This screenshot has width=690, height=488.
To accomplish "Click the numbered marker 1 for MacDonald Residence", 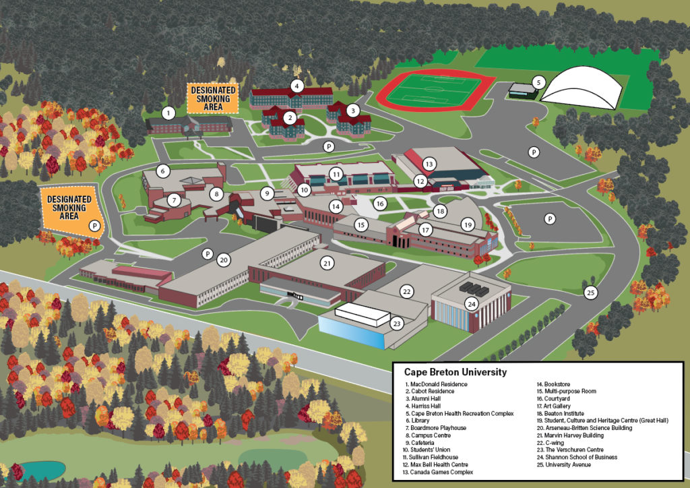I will pos(168,113).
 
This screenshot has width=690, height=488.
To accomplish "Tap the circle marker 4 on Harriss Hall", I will pos(296,86).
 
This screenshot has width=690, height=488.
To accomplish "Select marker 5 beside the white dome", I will pos(537,83).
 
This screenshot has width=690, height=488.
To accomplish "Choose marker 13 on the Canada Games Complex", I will pos(429,164).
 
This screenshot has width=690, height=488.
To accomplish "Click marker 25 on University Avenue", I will pos(590,293).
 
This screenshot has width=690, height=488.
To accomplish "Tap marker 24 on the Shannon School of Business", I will pos(472,304).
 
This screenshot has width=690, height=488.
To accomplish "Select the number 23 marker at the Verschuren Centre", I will pos(397,324).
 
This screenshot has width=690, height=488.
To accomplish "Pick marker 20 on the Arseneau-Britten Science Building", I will pos(224,260).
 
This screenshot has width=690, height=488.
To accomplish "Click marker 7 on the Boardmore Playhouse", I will pos(174,200).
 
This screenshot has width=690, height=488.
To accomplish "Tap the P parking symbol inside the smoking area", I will pos(95,226).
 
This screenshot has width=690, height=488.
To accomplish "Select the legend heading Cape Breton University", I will pos(455,372).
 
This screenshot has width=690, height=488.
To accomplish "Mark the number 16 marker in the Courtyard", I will pos(380,204).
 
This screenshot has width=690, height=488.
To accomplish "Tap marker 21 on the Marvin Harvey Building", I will pos(327,263).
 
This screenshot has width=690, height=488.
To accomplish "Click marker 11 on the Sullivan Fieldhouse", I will pos(336,174).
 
